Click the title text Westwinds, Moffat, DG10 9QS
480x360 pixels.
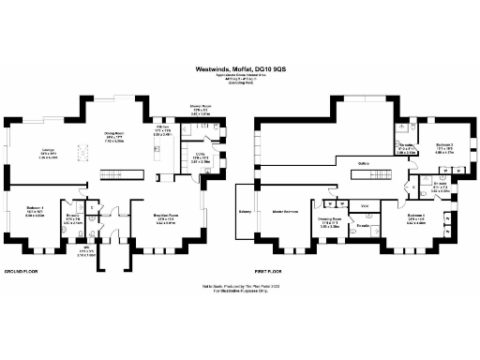coord(240,67)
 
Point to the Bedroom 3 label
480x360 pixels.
coord(443,145)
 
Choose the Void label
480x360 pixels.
coord(365,204)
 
